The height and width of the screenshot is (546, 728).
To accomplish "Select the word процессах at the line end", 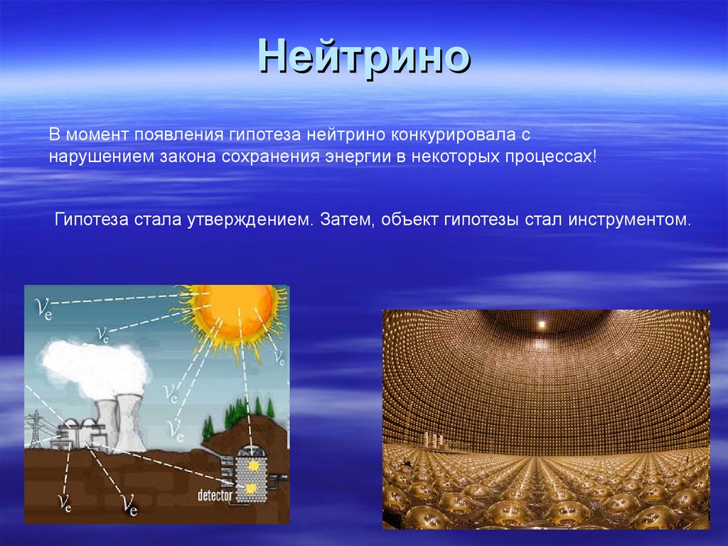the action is tap(548, 156).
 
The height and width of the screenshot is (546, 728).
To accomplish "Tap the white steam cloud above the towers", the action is tap(95, 368).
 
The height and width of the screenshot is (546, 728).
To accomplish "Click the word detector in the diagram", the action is tap(215, 496).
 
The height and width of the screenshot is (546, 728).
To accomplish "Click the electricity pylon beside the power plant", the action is tap(36, 429).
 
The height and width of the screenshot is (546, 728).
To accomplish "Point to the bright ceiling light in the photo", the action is tap(542, 324).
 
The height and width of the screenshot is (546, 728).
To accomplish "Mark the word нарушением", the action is tap(102, 157).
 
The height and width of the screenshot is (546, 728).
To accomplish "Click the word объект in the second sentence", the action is tap(409, 219).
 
